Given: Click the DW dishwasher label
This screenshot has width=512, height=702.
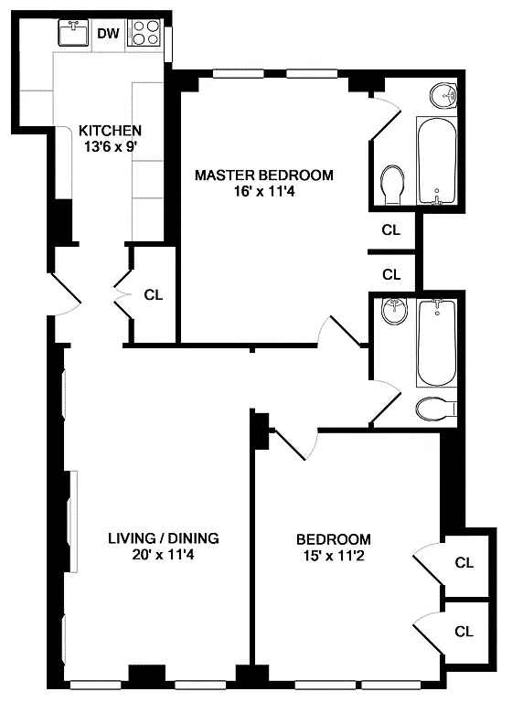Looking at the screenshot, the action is point(109,33).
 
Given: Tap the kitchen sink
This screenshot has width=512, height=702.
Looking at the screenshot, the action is point(73,32).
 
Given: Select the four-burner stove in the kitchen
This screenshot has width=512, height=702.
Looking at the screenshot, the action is point(144,32).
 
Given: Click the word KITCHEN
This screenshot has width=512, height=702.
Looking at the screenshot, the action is point(110,131).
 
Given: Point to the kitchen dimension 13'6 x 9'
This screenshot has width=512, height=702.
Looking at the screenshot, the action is point(111,146).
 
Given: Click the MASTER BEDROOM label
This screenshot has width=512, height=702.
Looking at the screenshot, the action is point(264,175).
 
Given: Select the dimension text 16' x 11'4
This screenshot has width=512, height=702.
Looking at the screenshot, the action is point(264,192).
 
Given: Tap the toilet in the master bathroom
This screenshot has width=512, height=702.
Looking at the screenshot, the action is point(393,186).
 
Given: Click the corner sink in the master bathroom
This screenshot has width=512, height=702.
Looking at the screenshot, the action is point(443,95).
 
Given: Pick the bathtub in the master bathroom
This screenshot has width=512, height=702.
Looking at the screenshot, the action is point(437,160).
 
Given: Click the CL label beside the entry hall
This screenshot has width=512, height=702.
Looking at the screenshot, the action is point(154,295).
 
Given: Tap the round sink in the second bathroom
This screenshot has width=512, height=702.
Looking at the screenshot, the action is point(395,310).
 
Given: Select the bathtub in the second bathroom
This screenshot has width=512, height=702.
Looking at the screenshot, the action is point(437,343).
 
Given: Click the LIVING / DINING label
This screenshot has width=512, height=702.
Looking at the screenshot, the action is point(164,537).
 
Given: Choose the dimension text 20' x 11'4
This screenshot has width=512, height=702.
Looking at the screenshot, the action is point(164,555).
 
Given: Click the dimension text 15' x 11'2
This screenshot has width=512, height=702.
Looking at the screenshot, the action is point(334,556).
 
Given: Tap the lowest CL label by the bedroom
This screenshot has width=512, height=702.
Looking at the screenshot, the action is point(464,632).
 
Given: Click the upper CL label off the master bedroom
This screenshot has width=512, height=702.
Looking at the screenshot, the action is point(391,230).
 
